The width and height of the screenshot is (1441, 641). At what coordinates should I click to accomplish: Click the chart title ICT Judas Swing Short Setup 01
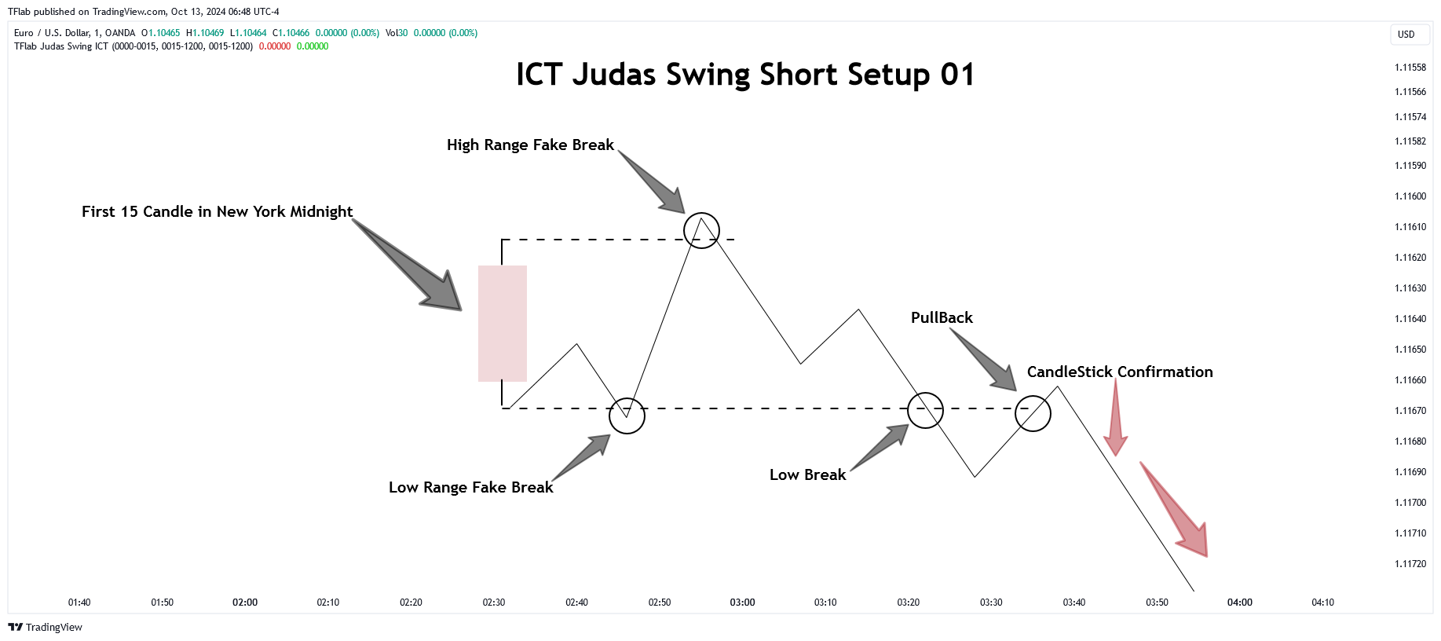(x=745, y=75)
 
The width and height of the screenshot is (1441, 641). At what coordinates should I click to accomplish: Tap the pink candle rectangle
(x=503, y=324)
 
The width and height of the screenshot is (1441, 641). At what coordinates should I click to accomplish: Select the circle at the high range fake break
(x=701, y=213)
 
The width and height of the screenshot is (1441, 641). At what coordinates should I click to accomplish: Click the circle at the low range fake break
(x=627, y=398)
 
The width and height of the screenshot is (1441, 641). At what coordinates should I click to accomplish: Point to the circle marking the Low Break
(x=925, y=393)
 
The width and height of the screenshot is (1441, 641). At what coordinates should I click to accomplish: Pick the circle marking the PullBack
(x=1033, y=396)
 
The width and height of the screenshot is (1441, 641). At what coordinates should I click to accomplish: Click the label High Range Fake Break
(x=530, y=145)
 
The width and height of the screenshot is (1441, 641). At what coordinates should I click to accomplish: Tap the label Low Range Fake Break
(x=471, y=487)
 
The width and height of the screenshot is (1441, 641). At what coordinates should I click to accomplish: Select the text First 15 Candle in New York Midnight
(x=217, y=211)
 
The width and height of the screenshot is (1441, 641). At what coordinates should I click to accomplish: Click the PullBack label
(x=942, y=317)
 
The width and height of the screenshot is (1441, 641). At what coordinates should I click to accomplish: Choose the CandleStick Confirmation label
(x=1120, y=372)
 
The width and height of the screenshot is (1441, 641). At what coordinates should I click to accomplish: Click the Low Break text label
(x=807, y=474)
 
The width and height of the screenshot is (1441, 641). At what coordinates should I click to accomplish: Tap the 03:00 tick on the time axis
(x=742, y=603)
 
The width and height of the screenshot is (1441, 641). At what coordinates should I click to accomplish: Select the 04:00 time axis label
(x=1240, y=603)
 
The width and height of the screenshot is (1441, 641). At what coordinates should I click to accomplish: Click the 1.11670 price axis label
(x=1410, y=411)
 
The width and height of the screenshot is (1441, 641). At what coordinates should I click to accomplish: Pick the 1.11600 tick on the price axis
(x=1410, y=196)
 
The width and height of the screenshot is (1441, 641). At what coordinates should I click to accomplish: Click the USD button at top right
(x=1406, y=35)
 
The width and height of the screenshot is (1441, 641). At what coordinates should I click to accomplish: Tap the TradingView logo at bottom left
(x=45, y=627)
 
